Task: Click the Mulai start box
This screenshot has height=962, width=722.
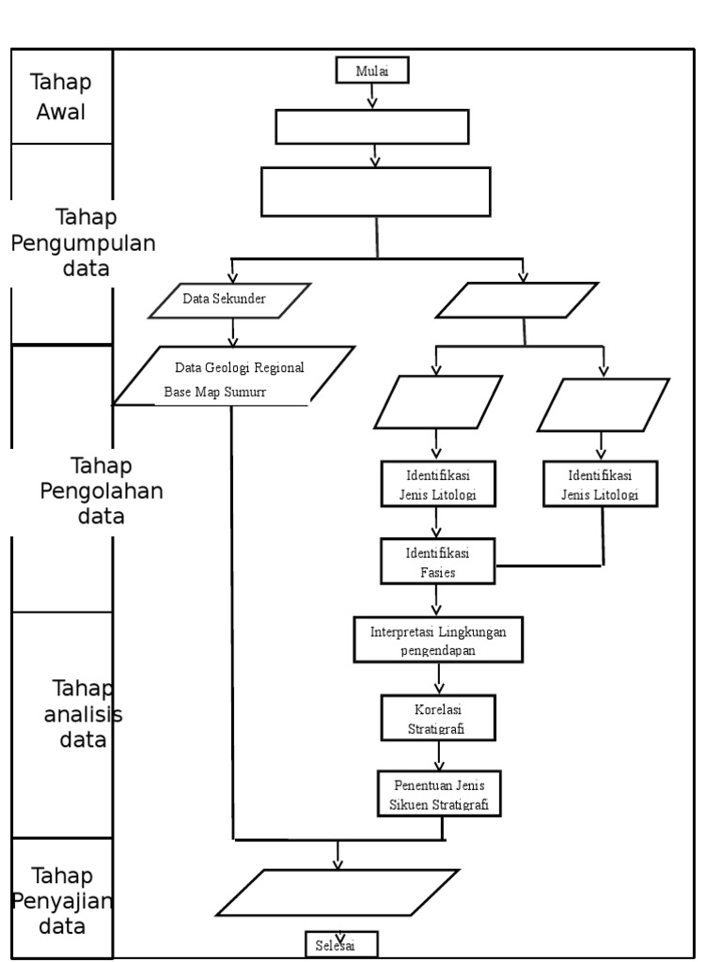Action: tap(371, 71)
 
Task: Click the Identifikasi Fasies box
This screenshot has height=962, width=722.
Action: tap(437, 562)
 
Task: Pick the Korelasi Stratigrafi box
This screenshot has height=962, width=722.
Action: tap(437, 718)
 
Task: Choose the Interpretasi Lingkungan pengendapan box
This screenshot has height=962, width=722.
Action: tap(437, 640)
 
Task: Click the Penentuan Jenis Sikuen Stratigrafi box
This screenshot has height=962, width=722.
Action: tap(439, 794)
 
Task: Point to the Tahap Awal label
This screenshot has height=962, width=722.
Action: tap(60, 98)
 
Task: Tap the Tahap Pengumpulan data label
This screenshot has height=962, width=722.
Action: tap(83, 242)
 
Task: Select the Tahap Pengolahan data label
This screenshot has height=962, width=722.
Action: tap(100, 490)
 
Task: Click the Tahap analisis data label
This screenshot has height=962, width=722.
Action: tap(83, 714)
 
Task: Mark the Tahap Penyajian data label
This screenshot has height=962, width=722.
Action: tap(62, 901)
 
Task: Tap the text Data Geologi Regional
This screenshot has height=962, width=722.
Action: tap(240, 366)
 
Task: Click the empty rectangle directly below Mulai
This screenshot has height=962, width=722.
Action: tap(371, 127)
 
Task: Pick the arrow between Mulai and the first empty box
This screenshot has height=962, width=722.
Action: tap(372, 97)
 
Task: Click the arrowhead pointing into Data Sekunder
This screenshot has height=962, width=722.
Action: tap(233, 277)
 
